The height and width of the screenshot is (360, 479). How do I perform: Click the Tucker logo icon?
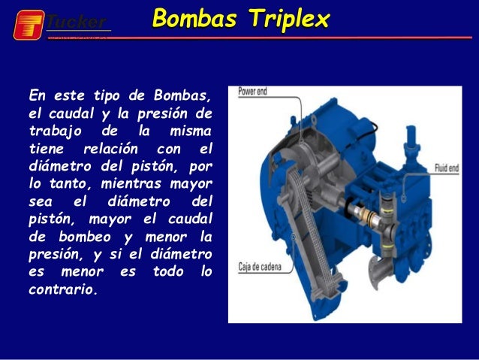point(29,24)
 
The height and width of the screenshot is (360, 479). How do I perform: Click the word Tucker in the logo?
point(77,20)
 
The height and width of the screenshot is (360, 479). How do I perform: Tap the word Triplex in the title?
point(289,19)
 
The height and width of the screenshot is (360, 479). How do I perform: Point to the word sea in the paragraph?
point(39,201)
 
